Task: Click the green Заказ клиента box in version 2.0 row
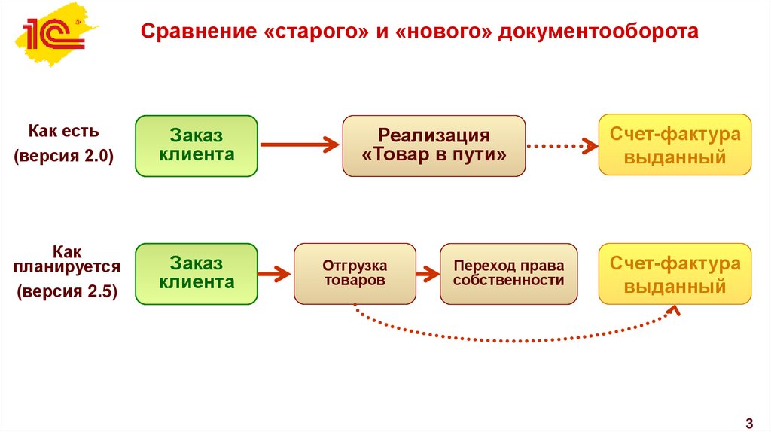tap(197, 145)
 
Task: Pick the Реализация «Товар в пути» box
tap(434, 145)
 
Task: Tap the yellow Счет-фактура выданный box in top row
tap(675, 145)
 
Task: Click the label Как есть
tap(64, 130)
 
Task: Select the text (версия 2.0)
tap(64, 157)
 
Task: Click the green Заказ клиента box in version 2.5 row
tap(197, 273)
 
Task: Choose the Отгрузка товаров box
tap(355, 273)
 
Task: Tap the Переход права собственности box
tap(508, 273)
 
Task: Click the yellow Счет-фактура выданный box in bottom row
tap(675, 273)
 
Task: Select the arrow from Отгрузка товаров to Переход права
tap(428, 274)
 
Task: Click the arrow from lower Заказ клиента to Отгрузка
tap(276, 274)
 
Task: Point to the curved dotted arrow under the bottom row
tap(512, 339)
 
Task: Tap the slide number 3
tap(749, 421)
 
